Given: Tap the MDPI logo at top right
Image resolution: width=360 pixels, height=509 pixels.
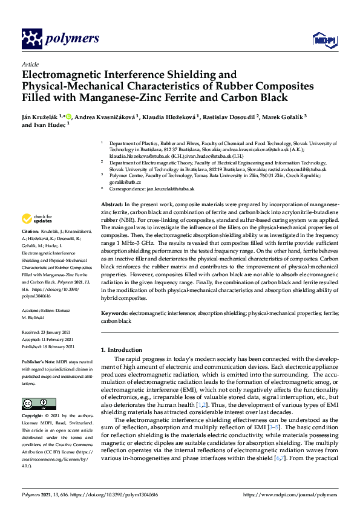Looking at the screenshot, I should pos(321,40).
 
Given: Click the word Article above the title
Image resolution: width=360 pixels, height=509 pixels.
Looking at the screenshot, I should pos(30,63).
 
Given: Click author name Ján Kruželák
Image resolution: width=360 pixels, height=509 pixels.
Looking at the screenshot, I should pos(42,116).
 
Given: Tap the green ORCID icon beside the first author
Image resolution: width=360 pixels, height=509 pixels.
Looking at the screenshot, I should pos(68,116).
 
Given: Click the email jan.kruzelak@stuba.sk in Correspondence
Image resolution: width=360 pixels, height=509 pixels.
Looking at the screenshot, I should pos(171,189).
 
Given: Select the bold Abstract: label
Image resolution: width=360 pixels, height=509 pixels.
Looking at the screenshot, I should pos(111,206).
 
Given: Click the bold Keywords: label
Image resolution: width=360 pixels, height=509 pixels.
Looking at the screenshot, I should pos(114,314).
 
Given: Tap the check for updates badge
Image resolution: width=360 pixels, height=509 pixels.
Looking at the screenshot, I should pos(38,219).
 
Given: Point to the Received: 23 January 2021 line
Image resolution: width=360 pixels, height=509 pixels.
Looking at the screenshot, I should pos(48,332).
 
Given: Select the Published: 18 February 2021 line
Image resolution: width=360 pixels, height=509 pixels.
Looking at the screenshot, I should pos(48,346).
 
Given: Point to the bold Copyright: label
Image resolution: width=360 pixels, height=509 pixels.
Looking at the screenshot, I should pos(33,417).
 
